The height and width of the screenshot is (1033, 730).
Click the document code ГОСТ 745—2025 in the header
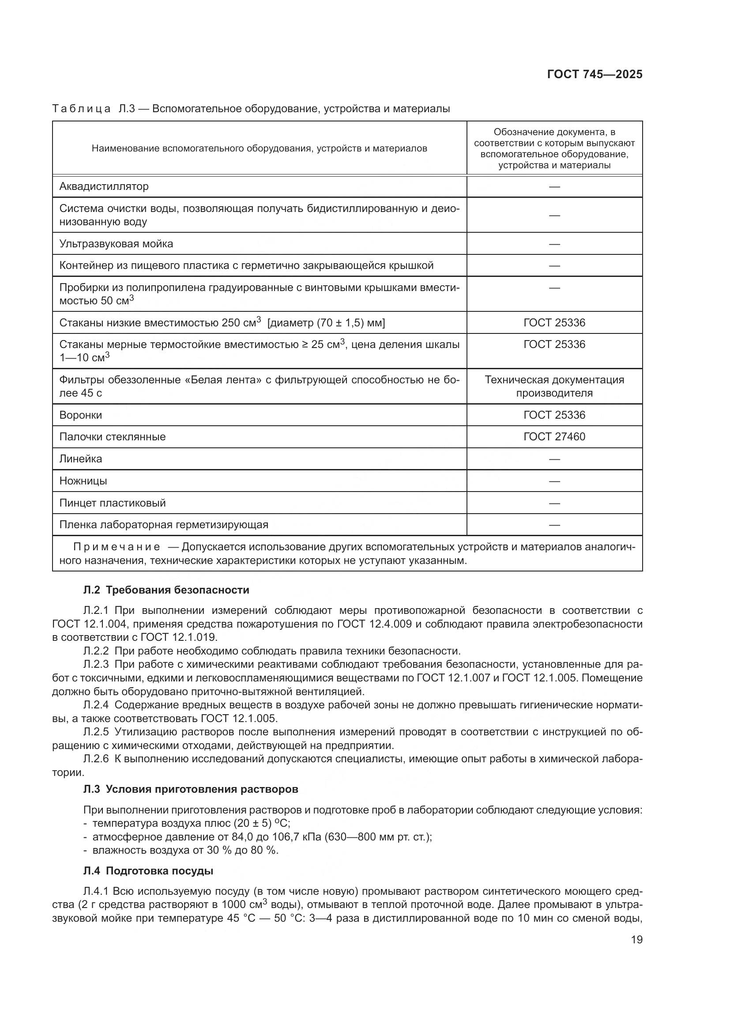594,74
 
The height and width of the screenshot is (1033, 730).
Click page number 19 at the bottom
636,939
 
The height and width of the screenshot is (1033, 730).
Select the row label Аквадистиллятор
104,186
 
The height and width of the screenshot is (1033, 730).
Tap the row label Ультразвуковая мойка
116,244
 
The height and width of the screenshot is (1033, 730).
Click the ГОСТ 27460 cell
554,436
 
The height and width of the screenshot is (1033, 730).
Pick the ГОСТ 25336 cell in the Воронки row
554,415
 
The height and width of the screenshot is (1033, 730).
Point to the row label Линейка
80,459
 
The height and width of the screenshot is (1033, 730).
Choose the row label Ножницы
83,481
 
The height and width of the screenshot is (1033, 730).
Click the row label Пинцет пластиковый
113,503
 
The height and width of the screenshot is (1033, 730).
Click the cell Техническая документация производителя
554,386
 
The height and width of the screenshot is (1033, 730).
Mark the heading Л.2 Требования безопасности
166,590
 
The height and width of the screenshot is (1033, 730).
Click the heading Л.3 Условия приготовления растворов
191,789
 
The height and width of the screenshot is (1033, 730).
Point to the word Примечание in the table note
117,547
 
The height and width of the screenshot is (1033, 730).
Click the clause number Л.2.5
96,732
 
